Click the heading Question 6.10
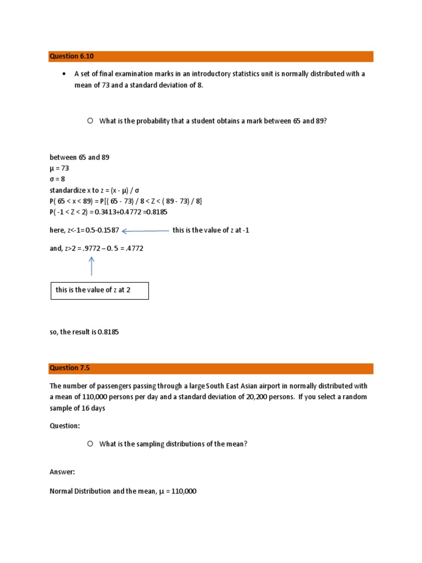(68, 56)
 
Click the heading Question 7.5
(65, 368)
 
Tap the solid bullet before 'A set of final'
(64, 74)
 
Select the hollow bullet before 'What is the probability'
(90, 121)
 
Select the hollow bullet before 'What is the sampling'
(90, 444)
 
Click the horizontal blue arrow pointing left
(145, 231)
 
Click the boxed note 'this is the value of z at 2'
(99, 290)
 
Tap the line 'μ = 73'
(59, 168)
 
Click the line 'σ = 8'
(58, 179)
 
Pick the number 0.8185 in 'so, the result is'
(108, 332)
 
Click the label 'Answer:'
(62, 472)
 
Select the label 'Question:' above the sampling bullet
(65, 426)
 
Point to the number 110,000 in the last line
(181, 492)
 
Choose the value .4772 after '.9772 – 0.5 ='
(134, 249)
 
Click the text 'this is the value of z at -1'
(211, 230)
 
